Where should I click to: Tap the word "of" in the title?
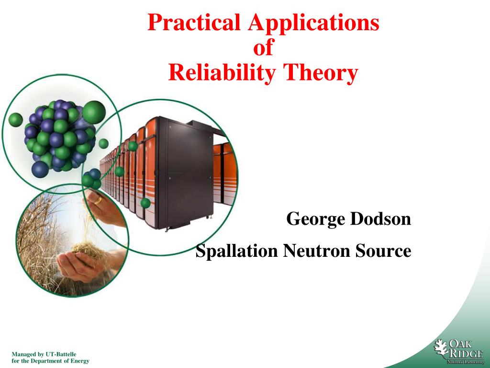coord(264,47)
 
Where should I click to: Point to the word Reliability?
coord(222,73)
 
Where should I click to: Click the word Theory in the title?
coord(320,73)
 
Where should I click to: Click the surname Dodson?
coord(380,218)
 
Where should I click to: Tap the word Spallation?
coord(236,251)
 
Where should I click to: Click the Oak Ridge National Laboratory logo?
coord(459,352)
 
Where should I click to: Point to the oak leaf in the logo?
coord(441,348)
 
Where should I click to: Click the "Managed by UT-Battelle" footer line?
coord(44,354)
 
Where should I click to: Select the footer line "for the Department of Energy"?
coord(50,361)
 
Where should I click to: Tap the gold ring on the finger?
coord(98,200)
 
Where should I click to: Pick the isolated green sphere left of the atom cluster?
coord(16,120)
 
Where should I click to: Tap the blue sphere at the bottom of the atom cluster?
coord(40,169)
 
